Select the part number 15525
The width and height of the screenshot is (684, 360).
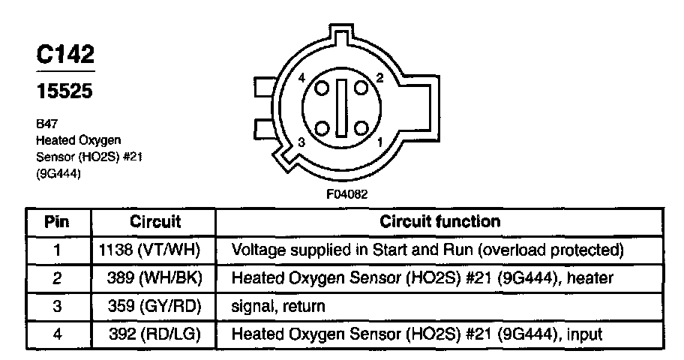[65, 92]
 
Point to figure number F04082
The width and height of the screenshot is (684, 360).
[346, 193]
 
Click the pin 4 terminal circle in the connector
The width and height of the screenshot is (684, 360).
[322, 88]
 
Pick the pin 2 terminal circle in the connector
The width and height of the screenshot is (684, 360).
[364, 88]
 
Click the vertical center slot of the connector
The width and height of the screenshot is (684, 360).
[343, 108]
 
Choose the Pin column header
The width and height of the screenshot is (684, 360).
[57, 222]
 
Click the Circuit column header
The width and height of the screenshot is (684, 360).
[156, 222]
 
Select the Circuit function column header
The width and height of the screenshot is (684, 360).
[439, 222]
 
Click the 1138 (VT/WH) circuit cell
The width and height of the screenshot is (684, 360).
[156, 250]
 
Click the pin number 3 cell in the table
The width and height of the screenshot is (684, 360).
[57, 306]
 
